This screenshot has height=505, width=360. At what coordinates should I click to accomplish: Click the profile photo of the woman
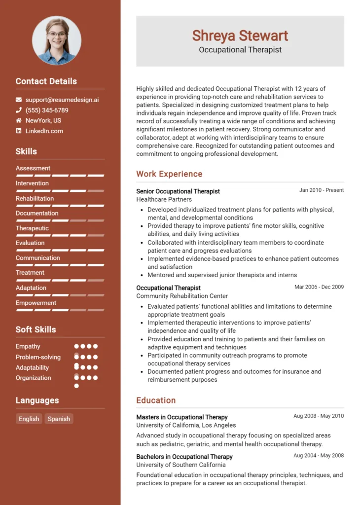(x=57, y=40)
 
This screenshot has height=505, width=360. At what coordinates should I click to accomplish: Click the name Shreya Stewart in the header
(x=240, y=36)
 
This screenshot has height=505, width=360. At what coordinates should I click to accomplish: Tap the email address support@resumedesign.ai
(x=62, y=100)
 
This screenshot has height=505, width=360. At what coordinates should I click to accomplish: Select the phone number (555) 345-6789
(x=47, y=110)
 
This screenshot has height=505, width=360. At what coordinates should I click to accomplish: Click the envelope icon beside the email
(x=19, y=100)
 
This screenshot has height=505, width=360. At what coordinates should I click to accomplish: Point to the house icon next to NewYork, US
(x=19, y=120)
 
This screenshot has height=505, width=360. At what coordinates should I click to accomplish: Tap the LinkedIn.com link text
(x=44, y=131)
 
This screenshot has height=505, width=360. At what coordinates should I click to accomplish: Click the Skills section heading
(x=26, y=151)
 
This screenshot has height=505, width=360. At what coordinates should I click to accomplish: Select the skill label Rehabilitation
(x=35, y=198)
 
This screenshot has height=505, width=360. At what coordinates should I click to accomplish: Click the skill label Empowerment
(x=36, y=303)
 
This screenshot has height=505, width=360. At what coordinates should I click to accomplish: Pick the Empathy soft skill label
(x=28, y=346)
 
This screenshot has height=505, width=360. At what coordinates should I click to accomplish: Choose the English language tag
(x=29, y=419)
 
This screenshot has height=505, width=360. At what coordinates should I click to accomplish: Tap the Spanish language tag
(x=59, y=419)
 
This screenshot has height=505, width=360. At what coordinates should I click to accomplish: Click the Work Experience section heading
(x=169, y=174)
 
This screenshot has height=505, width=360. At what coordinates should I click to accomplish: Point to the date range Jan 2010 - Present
(x=321, y=190)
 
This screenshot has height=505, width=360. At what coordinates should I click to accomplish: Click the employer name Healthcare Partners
(x=164, y=199)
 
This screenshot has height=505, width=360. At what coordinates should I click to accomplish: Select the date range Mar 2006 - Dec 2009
(x=319, y=287)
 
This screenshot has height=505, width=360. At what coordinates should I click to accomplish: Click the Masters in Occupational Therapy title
(x=182, y=417)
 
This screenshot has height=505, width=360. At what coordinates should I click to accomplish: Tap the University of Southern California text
(x=180, y=465)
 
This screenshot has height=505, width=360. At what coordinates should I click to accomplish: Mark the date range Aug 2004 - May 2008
(x=319, y=455)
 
